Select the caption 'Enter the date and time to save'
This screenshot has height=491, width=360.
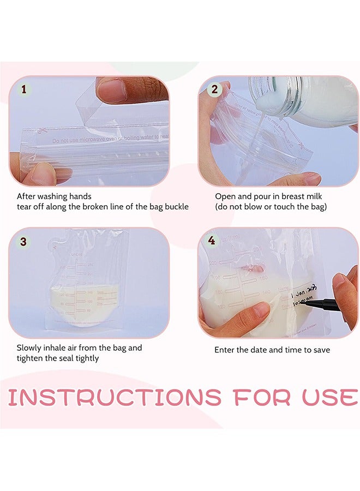coord(272,350)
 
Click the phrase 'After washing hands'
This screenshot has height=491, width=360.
coord(54,196)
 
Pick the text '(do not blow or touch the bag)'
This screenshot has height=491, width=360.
coord(271,207)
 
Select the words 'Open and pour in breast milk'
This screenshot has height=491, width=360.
coord(270,196)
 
